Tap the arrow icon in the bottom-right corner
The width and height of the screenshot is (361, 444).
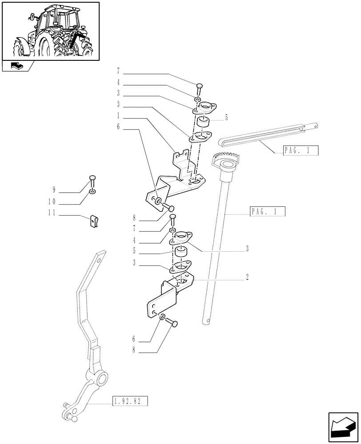coord(342,427)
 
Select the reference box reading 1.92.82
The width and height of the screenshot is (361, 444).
coord(128,402)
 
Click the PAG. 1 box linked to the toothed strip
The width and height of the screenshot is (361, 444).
coord(301,151)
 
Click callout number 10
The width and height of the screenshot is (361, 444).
coord(52,201)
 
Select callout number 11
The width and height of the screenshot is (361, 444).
coord(52,213)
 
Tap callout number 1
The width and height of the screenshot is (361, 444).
coord(118,115)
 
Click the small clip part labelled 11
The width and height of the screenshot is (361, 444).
coord(94,220)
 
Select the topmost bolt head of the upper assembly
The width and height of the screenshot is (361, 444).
coord(199,86)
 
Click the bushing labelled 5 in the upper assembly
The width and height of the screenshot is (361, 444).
coord(204,123)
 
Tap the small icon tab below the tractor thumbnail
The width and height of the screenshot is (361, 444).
coord(18,67)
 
